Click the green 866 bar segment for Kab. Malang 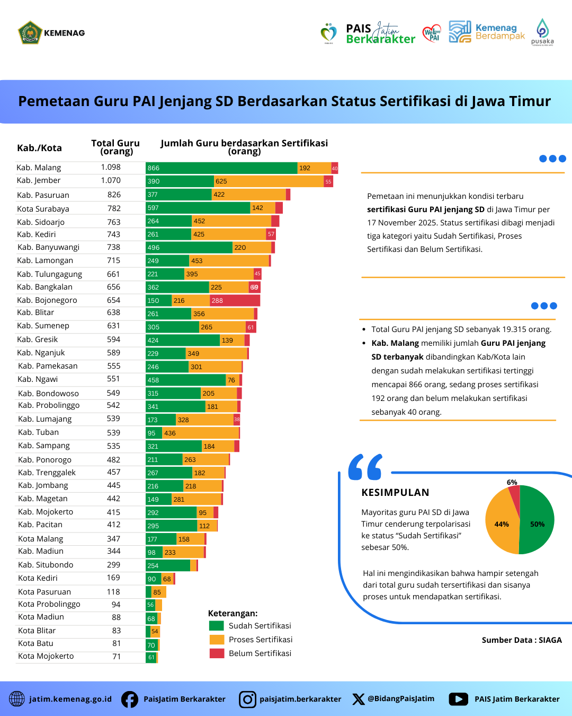[221, 168]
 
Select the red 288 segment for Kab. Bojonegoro [235, 301]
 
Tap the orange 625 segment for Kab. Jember [269, 181]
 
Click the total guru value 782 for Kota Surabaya [114, 208]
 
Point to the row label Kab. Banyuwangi [48, 247]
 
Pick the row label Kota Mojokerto [46, 656]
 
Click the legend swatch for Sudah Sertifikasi [217, 626]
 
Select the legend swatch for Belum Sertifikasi [217, 653]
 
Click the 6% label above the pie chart [512, 482]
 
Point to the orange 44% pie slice [501, 524]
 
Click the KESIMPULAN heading [395, 493]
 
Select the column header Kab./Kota [39, 148]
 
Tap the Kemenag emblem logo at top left [30, 33]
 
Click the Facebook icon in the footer [130, 700]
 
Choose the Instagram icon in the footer [247, 700]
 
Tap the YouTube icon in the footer [458, 700]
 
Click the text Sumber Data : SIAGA [522, 640]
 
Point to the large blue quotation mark [365, 467]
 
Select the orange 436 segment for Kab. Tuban [201, 433]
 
